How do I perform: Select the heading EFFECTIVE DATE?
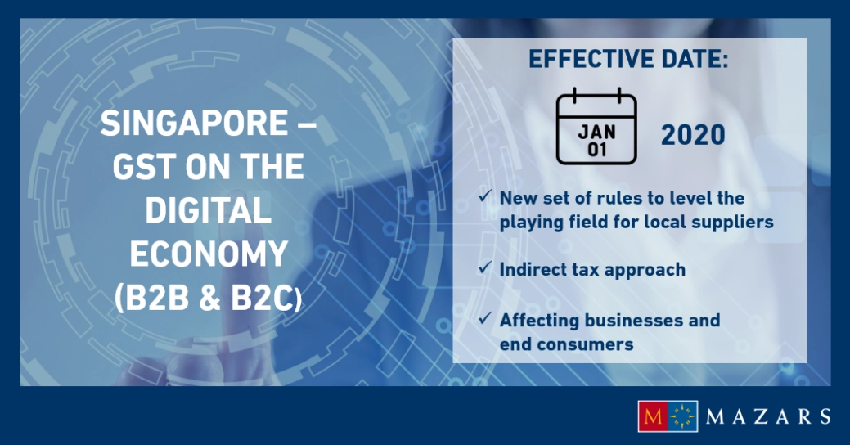tap(628, 60)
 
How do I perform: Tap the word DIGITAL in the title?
tap(209, 211)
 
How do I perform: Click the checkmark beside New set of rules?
tap(485, 197)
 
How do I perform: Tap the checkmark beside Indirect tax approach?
tap(485, 267)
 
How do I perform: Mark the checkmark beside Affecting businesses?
tap(485, 318)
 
